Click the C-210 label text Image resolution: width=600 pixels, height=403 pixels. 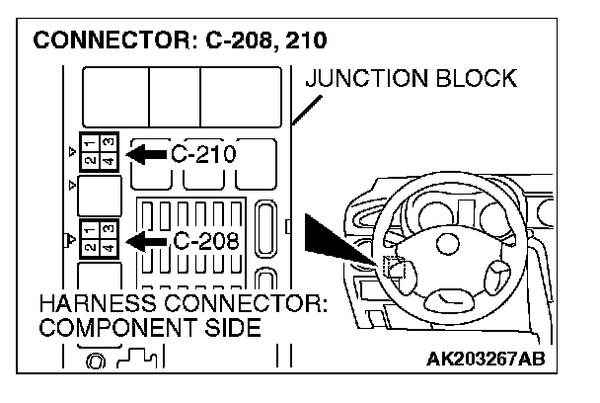204,154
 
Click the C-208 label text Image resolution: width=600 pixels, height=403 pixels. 205,240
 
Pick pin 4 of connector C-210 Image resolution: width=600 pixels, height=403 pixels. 108,158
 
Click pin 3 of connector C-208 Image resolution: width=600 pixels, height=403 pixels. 109,229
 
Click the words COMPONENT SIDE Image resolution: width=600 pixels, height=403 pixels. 150,328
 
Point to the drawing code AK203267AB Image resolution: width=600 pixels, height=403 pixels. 485,357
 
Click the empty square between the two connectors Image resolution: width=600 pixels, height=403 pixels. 98,194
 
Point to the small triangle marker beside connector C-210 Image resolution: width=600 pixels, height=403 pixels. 71,151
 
